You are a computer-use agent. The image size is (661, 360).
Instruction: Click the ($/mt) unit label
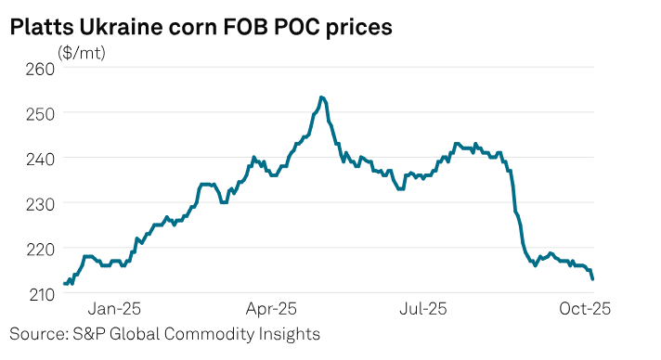83,53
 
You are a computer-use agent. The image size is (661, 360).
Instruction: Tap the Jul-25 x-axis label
427,307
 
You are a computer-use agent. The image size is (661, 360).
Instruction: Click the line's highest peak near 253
321,97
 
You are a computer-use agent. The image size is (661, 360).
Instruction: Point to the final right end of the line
592,278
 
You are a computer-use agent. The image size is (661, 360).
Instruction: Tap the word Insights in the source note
287,333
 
